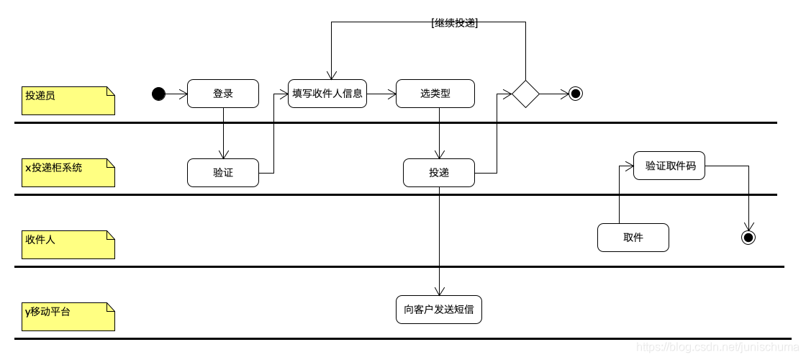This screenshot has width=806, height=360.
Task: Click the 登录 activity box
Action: (x=223, y=94)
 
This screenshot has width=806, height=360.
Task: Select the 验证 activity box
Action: (x=223, y=173)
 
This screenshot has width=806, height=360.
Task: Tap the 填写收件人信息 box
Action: (x=327, y=94)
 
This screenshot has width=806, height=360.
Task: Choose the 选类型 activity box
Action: (x=435, y=94)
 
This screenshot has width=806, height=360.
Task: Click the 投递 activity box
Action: (x=439, y=173)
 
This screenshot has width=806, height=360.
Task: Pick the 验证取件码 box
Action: (x=669, y=166)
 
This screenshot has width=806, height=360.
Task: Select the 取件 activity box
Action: (x=633, y=238)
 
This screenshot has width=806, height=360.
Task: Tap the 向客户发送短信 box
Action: (x=439, y=310)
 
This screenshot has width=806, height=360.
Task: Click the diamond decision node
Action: (x=525, y=94)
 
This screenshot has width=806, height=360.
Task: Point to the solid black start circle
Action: (x=159, y=94)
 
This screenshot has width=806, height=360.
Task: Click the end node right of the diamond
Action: (x=575, y=94)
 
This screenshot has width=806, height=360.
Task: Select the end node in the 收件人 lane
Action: (x=748, y=237)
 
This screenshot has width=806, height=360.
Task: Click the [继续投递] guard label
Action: (x=455, y=23)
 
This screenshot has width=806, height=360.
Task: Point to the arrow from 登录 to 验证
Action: (x=223, y=133)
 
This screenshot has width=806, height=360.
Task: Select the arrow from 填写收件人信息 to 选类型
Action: (x=381, y=94)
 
